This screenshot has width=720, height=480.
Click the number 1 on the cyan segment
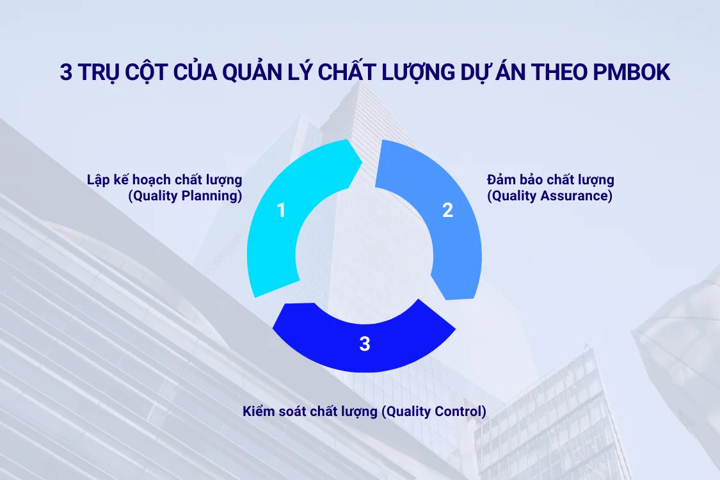280,210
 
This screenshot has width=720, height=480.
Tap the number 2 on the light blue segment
447,210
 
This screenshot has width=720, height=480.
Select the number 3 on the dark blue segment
364,344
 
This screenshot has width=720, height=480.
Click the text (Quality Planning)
185,196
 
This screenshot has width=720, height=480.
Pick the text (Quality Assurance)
550,196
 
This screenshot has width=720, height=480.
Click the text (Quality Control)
433,411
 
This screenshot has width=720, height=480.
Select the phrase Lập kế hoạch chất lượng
164,180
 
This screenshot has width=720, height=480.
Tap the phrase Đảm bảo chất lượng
550,180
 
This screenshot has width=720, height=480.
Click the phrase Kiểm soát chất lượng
310,411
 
